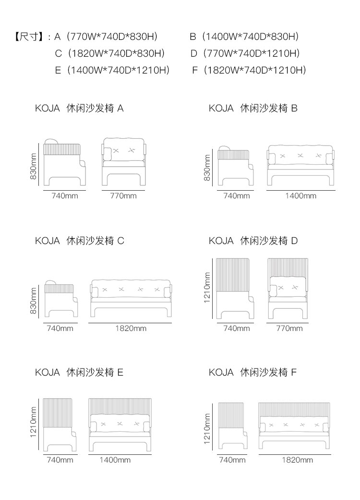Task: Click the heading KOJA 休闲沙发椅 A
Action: tap(79, 109)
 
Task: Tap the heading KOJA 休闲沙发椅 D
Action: tap(253, 241)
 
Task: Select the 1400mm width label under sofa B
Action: tap(300, 196)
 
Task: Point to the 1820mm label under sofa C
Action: tap(131, 329)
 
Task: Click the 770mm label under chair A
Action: tap(123, 196)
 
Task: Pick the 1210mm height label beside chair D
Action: tap(207, 288)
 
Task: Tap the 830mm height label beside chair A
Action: tap(34, 166)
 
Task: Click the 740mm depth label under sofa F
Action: tap(232, 460)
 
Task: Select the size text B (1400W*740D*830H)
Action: tap(244, 37)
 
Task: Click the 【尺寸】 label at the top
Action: tap(29, 37)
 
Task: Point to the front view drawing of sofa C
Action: tap(131, 298)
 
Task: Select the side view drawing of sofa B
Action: tap(236, 166)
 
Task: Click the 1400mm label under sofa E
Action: tap(115, 460)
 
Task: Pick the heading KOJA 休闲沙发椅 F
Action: tap(253, 373)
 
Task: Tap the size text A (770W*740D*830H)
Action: tap(106, 37)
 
